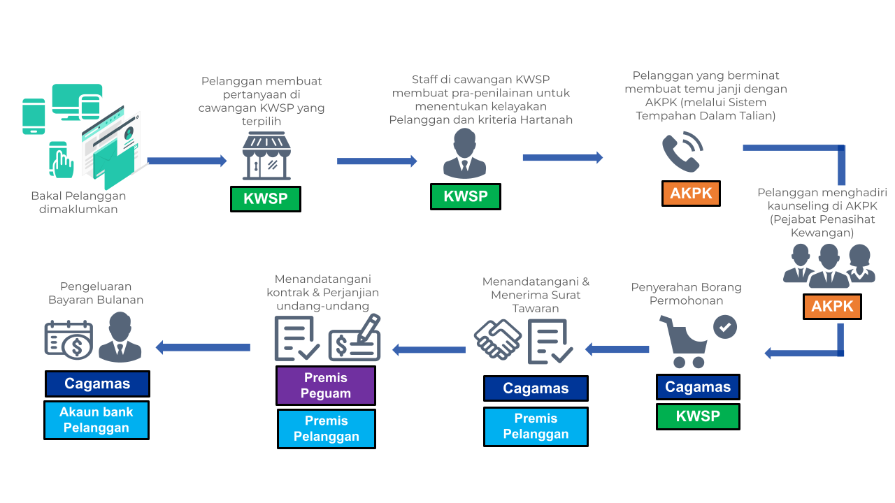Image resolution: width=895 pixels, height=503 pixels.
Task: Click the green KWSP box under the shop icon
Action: point(265,199)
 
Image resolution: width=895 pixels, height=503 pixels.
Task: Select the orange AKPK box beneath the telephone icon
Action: point(691,194)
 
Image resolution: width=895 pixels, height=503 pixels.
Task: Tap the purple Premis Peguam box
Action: point(326,386)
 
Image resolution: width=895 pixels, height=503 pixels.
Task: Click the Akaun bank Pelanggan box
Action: point(96,420)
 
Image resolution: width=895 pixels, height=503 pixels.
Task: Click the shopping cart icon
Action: point(684,342)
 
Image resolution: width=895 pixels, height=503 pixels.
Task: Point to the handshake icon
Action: point(498,340)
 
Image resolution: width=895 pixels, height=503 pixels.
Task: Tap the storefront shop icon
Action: point(266,156)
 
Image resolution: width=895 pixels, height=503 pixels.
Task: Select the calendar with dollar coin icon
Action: point(69,340)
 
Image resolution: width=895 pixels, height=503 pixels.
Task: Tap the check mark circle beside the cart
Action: point(725,327)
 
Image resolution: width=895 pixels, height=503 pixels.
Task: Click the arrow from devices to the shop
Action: point(187,161)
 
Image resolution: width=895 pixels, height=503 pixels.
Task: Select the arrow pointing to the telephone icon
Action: point(563,157)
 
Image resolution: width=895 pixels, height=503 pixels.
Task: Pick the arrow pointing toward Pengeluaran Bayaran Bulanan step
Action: point(203,347)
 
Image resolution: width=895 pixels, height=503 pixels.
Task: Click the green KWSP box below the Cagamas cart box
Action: point(698,416)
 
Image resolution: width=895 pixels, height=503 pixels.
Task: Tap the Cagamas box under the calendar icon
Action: point(97,384)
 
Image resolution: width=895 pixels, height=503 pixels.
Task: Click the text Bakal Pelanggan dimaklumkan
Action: point(78,203)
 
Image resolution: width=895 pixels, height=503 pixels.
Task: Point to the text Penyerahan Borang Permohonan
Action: point(686,294)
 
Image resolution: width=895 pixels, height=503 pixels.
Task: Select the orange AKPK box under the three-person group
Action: point(832,306)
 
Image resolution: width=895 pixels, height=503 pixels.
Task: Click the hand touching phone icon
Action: point(61,160)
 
